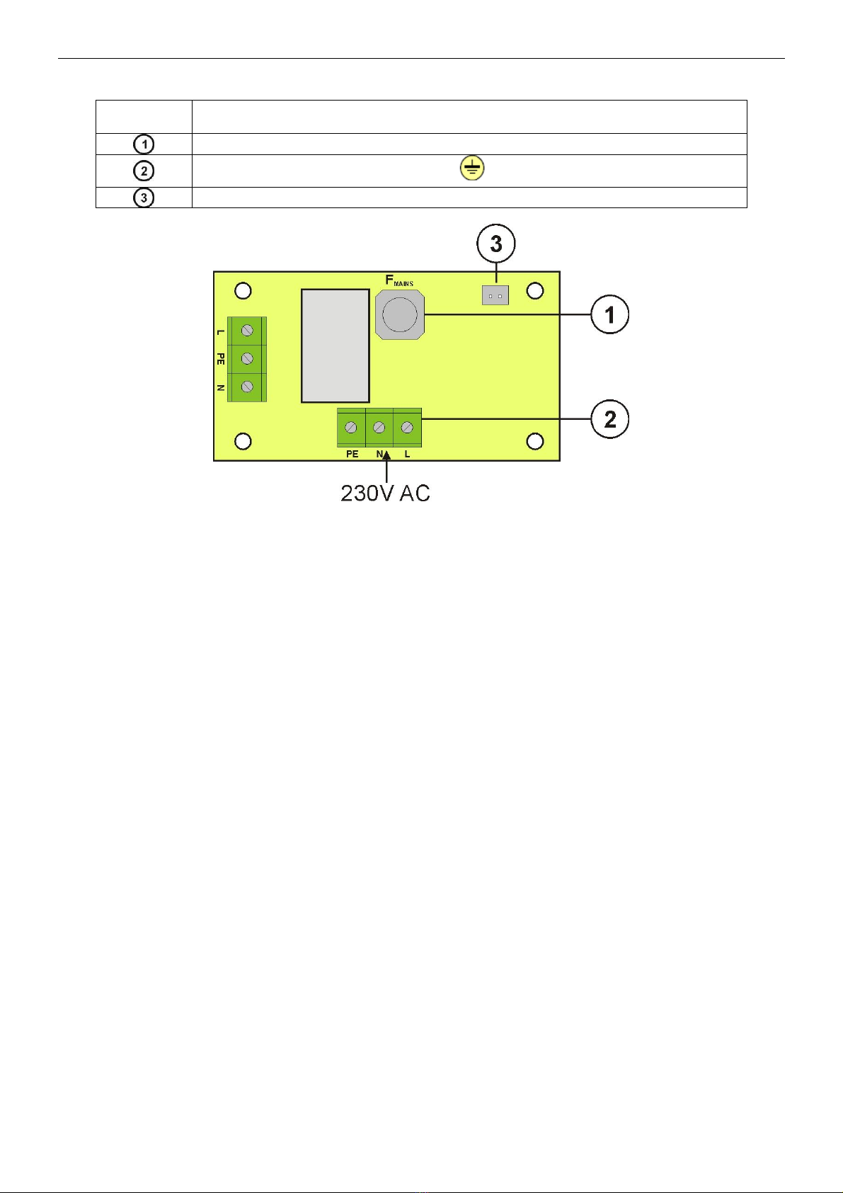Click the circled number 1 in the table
tap(143, 144)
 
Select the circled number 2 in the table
tap(143, 171)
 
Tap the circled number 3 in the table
tap(143, 198)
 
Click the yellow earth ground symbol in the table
tap(472, 169)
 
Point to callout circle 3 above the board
tap(495, 244)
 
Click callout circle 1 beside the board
tap(609, 314)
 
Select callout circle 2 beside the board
tap(609, 418)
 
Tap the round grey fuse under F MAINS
tap(400, 314)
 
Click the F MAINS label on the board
tap(399, 280)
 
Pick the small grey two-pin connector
tap(495, 295)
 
